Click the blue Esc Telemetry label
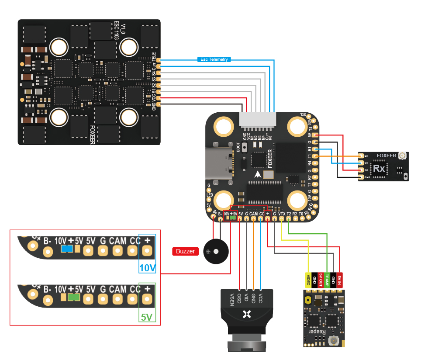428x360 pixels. coord(214,59)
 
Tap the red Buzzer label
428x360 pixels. coord(185,251)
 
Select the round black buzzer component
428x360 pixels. coord(216,252)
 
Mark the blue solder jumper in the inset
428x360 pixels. coord(67,249)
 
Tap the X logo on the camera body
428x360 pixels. coord(247,314)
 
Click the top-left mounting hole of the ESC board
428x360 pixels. coord(58,46)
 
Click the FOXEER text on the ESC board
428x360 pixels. coord(93,135)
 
